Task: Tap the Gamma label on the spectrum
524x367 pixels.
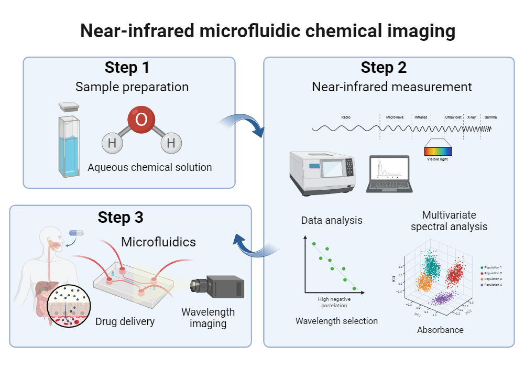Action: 491,117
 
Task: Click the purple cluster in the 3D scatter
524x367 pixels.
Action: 442,299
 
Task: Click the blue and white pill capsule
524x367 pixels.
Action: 77,232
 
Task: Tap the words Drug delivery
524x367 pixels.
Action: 125,321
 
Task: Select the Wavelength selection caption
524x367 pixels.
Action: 336,320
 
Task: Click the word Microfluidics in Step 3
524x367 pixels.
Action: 158,242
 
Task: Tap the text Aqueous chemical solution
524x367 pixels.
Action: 150,168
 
